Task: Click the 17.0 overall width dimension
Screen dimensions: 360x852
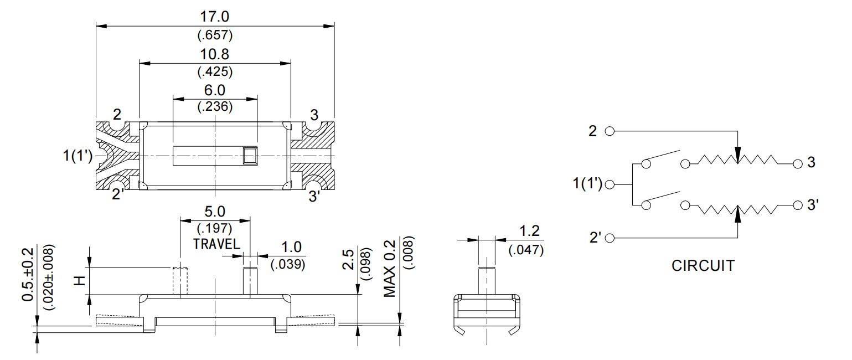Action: point(215,18)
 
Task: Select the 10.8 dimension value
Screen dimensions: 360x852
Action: point(215,55)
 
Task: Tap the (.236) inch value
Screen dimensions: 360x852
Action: point(215,106)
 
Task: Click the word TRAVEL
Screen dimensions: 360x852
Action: point(216,244)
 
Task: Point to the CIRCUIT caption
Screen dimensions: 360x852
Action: point(703,266)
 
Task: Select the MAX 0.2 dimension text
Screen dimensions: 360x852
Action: point(390,268)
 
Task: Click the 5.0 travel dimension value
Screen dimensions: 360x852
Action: point(215,212)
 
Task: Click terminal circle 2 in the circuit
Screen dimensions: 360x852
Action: point(610,132)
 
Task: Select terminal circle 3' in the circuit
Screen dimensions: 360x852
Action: point(797,205)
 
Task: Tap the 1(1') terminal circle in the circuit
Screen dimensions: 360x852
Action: point(610,184)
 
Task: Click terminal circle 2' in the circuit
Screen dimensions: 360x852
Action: point(610,238)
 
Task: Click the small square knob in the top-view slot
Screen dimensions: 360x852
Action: point(250,157)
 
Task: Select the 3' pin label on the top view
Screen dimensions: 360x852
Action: point(314,196)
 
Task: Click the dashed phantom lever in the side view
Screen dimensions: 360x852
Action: point(180,281)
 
